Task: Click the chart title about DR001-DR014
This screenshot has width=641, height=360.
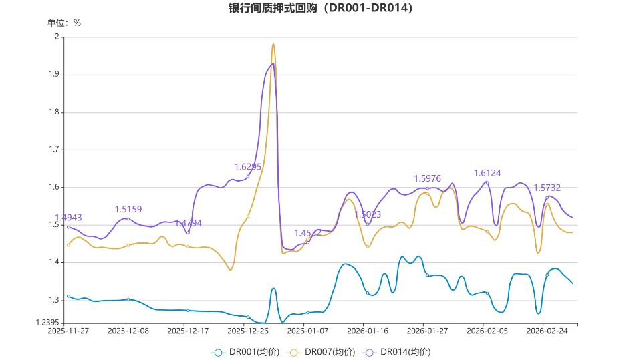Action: [320, 8]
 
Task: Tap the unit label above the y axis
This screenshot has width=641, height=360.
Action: [63, 23]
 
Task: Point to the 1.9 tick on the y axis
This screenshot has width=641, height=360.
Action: [53, 75]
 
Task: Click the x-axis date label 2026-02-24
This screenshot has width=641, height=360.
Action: [547, 331]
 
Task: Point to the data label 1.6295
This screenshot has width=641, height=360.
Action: [248, 166]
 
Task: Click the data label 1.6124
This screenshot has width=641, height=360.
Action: [487, 173]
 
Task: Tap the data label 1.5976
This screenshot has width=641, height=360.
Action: [428, 178]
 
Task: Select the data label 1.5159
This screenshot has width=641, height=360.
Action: [128, 209]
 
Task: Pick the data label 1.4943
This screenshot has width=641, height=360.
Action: [68, 218]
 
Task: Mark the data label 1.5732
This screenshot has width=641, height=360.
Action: [547, 188]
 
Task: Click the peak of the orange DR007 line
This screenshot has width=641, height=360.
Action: [273, 45]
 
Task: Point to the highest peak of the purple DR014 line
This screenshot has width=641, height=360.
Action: [273, 64]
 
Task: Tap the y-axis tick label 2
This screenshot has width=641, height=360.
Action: [57, 37]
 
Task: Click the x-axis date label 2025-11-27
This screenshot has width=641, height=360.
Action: [68, 331]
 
